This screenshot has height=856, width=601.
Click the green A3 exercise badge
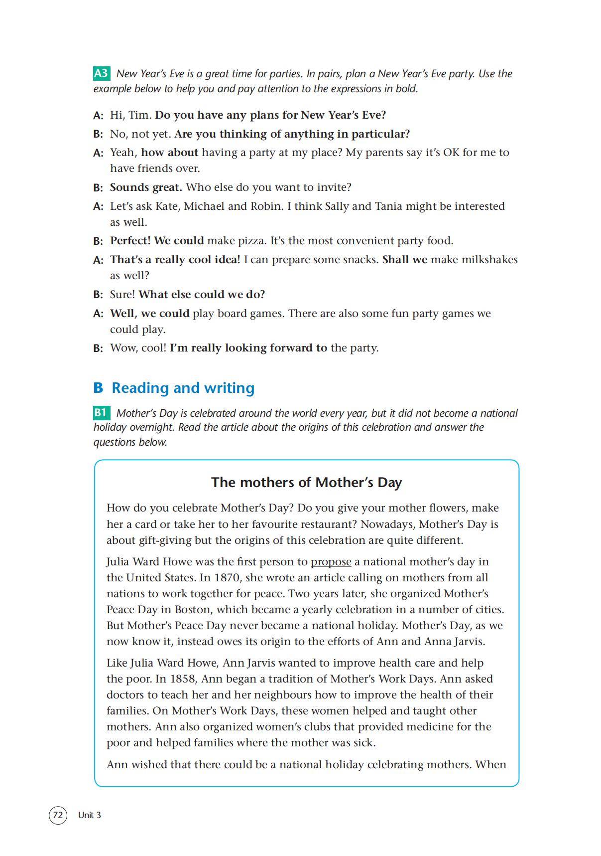[101, 73]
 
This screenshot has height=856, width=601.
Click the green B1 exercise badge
[101, 413]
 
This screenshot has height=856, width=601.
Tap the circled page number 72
[58, 815]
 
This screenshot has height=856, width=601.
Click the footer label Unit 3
[90, 815]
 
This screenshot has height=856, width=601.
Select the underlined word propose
[331, 562]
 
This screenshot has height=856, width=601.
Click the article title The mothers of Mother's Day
[306, 482]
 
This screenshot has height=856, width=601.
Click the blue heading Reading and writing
[183, 387]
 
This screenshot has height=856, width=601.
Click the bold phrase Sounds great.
[146, 187]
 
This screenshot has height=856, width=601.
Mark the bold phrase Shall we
[404, 260]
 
